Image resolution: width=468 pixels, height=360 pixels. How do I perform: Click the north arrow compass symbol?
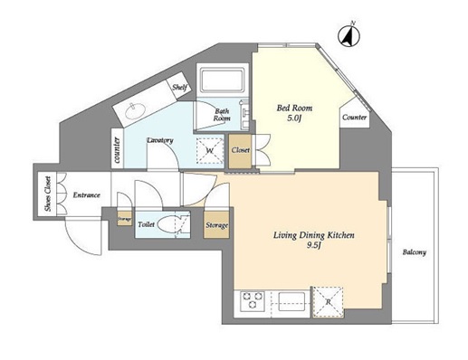point(349,36)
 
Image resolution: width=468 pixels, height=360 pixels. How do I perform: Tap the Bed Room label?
point(294,108)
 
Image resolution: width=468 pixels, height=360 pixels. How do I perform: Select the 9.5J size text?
point(313,245)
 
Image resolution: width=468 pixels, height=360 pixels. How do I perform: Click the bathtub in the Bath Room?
point(223,81)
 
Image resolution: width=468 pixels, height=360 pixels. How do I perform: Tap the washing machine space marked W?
point(210,150)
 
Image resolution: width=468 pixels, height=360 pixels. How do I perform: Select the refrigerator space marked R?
point(329,301)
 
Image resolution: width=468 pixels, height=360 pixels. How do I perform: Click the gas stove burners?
point(253,300)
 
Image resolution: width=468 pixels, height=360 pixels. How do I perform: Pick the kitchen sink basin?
point(291,301)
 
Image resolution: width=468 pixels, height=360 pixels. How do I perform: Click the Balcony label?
point(414,252)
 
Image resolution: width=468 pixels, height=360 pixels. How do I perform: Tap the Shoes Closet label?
point(48,194)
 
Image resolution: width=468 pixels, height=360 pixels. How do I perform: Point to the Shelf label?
point(180,88)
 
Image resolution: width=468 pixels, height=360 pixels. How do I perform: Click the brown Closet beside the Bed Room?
point(240,151)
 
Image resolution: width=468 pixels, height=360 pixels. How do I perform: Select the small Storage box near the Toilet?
point(125,218)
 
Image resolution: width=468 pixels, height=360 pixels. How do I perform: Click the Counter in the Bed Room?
point(354,117)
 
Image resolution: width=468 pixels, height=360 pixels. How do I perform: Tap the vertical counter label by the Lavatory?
point(117,149)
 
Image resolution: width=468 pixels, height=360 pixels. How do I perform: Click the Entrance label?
point(86,195)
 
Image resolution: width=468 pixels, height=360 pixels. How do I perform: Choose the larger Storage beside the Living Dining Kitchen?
point(216,224)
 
